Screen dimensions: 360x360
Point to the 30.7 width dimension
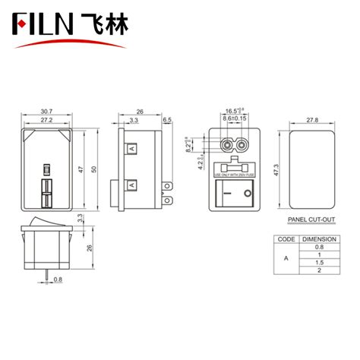click(x=46, y=110)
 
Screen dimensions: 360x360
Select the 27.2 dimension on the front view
click(x=46, y=120)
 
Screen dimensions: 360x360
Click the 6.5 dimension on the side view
click(x=167, y=120)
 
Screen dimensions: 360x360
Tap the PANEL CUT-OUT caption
click(x=311, y=221)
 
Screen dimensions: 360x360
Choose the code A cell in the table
click(x=286, y=259)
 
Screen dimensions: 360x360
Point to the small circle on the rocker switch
click(x=248, y=194)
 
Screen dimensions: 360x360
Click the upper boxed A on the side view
click(x=134, y=150)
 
